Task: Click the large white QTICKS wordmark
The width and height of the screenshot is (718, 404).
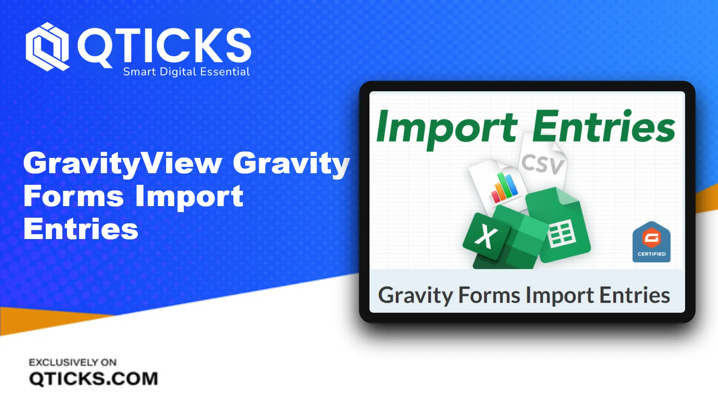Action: tap(165, 46)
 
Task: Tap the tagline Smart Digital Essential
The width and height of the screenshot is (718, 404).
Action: tap(186, 71)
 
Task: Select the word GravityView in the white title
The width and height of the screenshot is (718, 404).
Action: tap(123, 163)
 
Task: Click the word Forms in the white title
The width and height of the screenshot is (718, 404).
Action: tap(73, 196)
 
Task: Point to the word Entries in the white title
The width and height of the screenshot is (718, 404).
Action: tap(81, 229)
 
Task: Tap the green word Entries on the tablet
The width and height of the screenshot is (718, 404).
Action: tap(604, 126)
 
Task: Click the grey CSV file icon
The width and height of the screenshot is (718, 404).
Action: tap(543, 163)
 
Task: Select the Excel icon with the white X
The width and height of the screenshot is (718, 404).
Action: tap(486, 236)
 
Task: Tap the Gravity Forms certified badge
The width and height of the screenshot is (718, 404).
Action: tap(651, 242)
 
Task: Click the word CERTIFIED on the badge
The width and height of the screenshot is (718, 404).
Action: tap(651, 254)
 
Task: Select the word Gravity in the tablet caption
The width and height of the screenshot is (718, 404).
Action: tap(415, 296)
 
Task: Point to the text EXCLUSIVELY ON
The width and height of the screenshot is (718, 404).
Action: tap(73, 362)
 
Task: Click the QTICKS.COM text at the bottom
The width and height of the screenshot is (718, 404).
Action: tap(93, 379)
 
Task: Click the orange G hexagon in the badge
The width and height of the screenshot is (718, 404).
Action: tap(651, 237)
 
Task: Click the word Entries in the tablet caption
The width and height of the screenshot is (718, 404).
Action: tap(635, 296)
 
